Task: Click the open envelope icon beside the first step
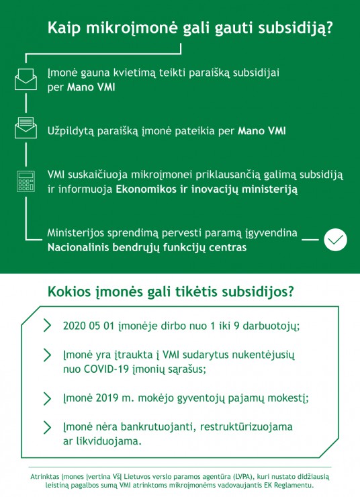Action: click(x=26, y=79)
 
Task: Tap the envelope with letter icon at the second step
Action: click(x=26, y=128)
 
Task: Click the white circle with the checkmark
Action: click(x=335, y=240)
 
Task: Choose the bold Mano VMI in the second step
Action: click(x=262, y=130)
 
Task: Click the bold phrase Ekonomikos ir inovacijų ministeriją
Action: click(x=206, y=190)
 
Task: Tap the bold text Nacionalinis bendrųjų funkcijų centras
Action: click(x=146, y=248)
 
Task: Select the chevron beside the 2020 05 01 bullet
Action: click(x=47, y=326)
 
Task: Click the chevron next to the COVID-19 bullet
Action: click(x=47, y=355)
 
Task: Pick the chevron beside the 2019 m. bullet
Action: click(x=47, y=398)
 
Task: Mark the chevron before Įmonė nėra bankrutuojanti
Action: click(x=47, y=427)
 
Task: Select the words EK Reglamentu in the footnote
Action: click(x=288, y=484)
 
